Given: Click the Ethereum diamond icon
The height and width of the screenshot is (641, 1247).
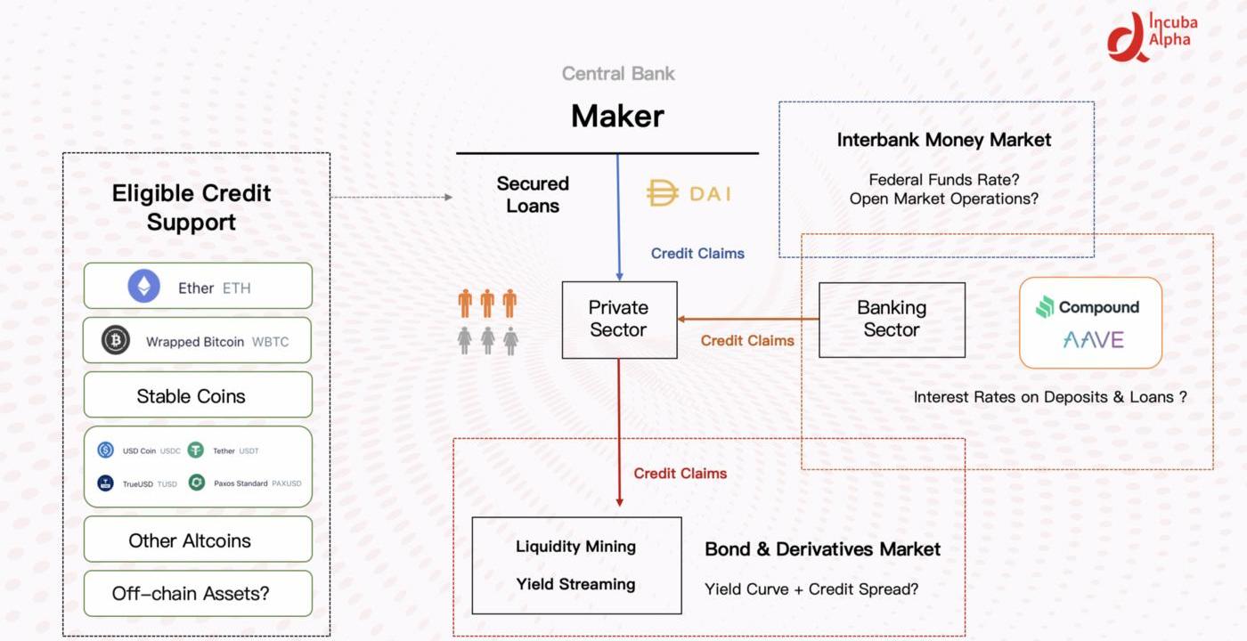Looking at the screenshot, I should point(144,287).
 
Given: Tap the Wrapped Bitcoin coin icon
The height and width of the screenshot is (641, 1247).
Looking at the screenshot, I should point(116,340).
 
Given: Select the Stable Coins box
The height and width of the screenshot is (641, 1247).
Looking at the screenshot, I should point(198,395).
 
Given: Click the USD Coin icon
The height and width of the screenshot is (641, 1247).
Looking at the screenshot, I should point(105,450).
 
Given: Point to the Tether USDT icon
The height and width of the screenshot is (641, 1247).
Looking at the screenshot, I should point(195,450).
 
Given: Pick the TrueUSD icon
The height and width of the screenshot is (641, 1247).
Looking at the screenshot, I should point(105,483).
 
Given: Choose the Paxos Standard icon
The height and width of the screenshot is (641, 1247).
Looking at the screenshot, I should point(196,483).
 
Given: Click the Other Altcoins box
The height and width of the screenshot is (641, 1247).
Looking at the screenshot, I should point(198,540).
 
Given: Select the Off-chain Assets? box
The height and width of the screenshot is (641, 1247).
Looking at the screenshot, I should point(198,593).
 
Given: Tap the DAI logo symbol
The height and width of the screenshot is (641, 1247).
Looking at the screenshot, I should point(662,193).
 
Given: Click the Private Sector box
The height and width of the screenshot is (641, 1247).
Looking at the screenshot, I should point(619,319).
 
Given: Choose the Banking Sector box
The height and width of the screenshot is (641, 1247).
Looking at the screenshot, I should point(892,319).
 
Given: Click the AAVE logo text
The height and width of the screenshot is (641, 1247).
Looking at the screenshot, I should point(1093,339).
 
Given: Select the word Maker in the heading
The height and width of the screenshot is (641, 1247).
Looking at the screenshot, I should point(617,116).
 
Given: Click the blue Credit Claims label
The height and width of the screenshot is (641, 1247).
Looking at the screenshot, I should point(697,254).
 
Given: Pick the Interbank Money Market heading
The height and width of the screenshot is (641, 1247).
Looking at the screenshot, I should point(943,140).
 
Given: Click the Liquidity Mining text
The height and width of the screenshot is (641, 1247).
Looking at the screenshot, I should point(575,547).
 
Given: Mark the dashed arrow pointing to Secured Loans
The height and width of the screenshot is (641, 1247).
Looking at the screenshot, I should point(391,197).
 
